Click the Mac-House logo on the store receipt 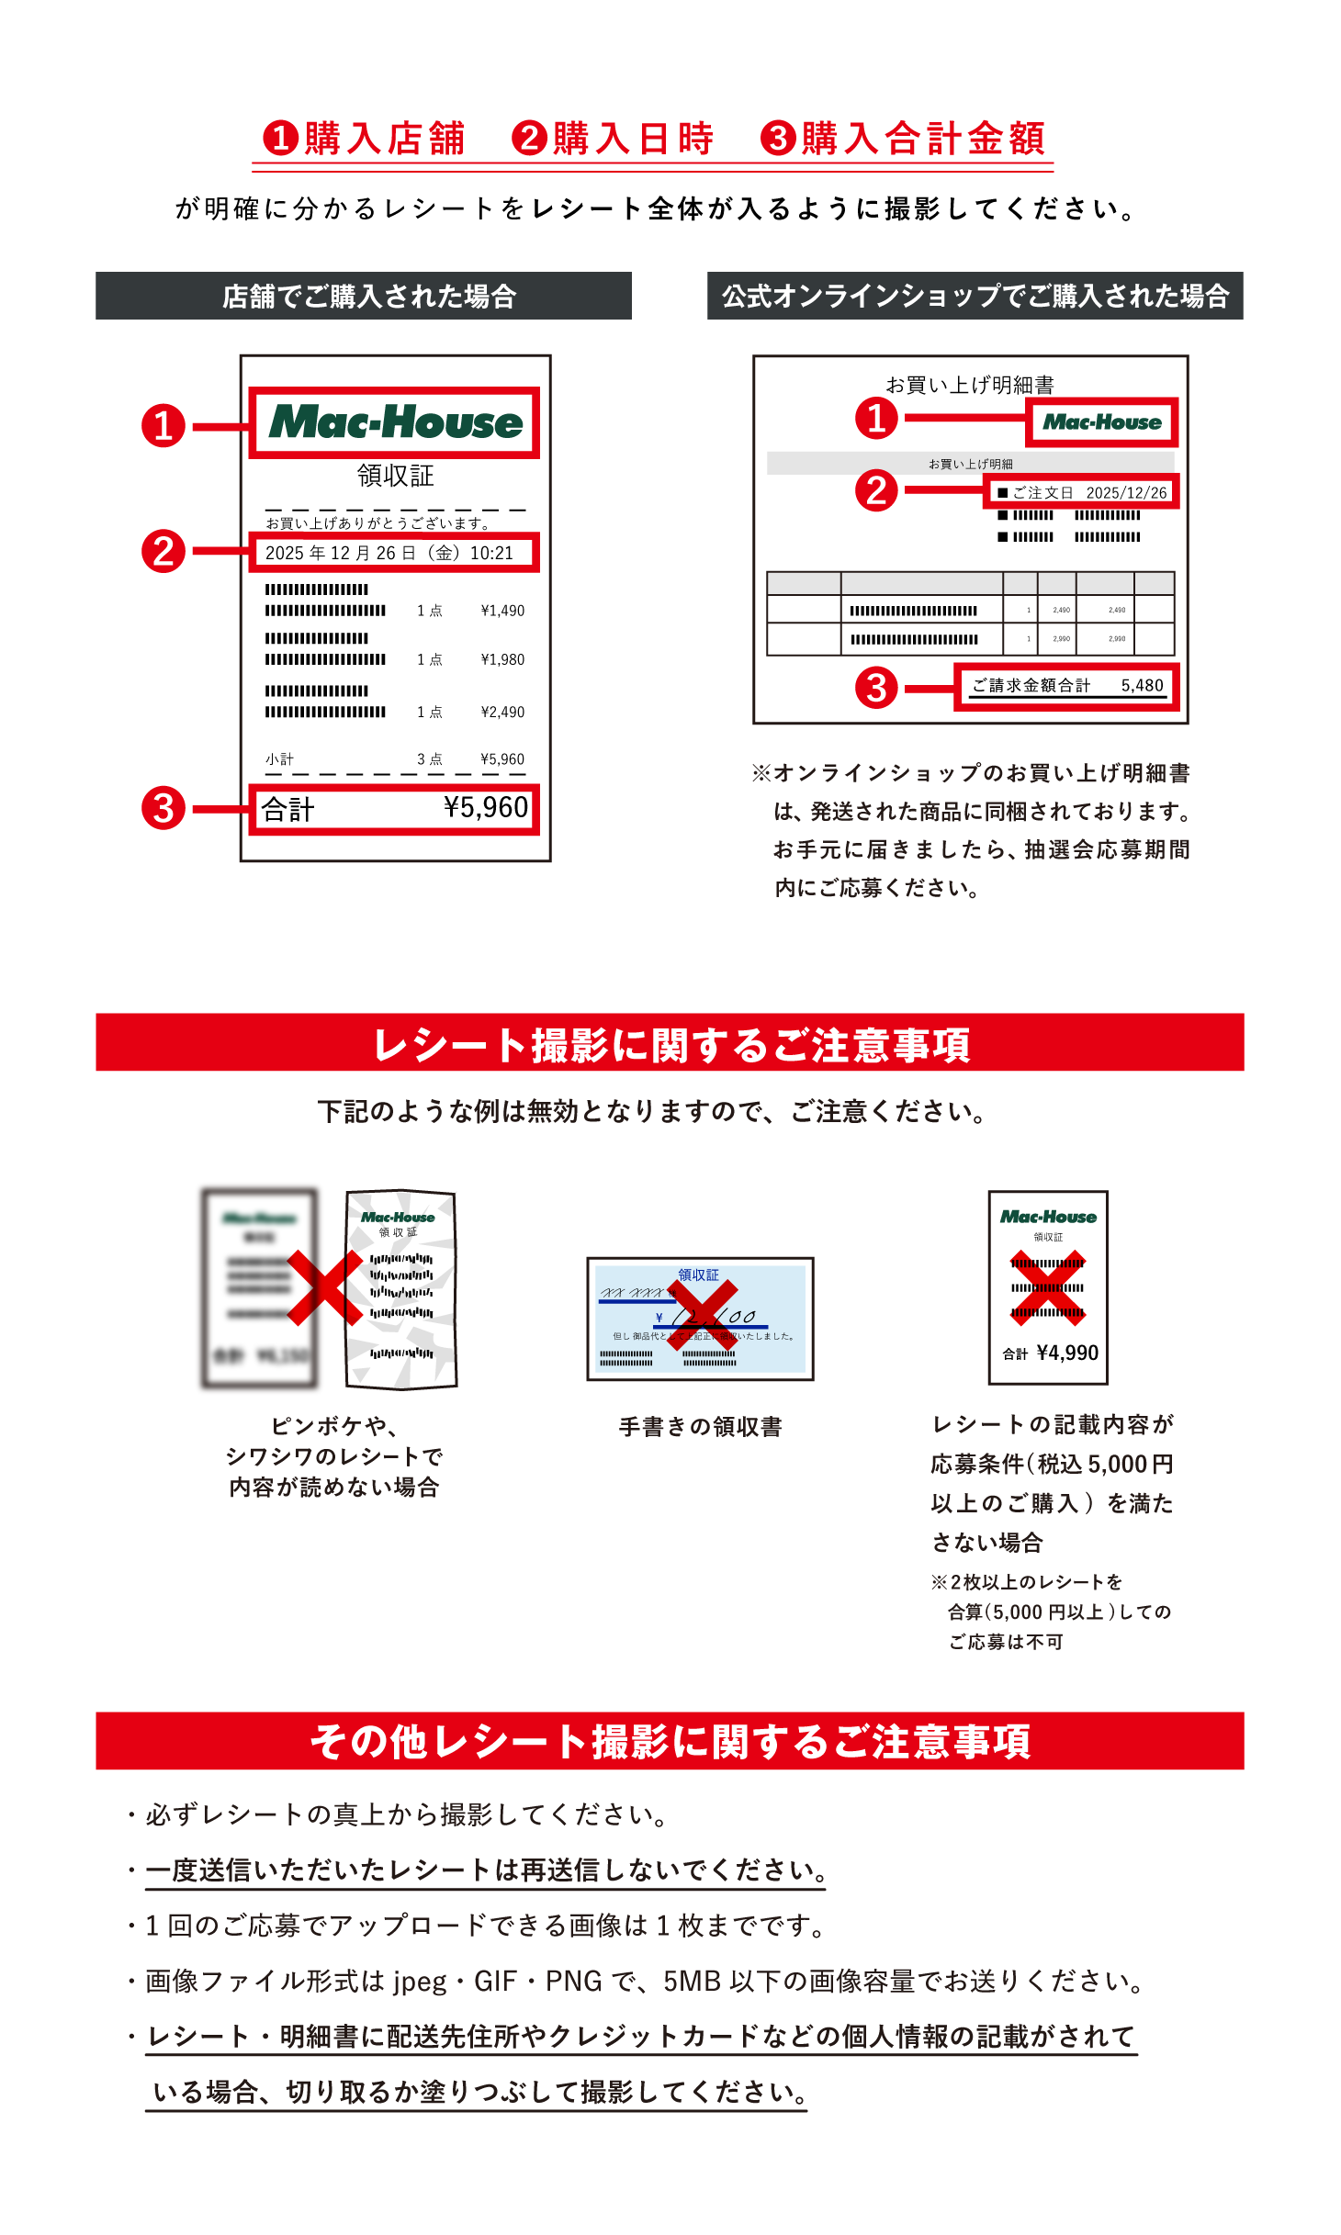click(395, 422)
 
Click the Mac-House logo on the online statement click(1101, 422)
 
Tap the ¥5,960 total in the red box click(485, 807)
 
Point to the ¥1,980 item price click(502, 659)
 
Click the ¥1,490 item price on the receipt click(502, 611)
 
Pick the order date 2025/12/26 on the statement click(1126, 493)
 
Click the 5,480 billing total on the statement click(1142, 685)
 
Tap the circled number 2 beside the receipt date click(163, 552)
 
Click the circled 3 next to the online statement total click(876, 688)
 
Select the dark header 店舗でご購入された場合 click(364, 296)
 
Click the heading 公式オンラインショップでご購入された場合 click(975, 296)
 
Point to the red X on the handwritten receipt click(701, 1316)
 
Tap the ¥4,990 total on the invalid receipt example click(1066, 1353)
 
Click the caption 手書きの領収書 click(700, 1426)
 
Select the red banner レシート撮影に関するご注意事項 click(670, 1043)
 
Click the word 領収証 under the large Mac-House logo click(395, 476)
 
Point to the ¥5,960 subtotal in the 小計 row click(502, 759)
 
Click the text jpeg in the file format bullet click(420, 1982)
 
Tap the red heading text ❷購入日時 click(613, 139)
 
